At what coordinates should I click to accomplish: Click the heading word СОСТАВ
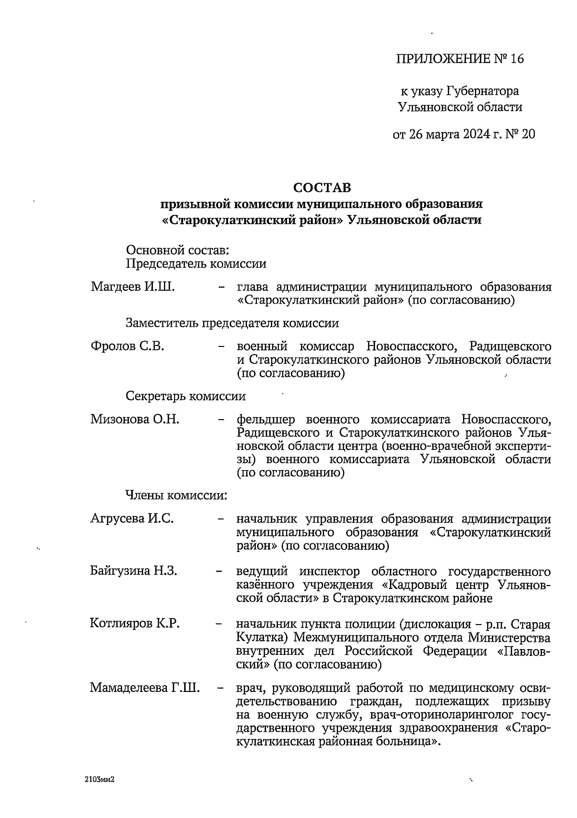pyautogui.click(x=322, y=187)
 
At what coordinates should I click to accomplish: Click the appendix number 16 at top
pyautogui.click(x=516, y=59)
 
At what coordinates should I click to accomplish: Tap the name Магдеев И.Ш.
pyautogui.click(x=132, y=288)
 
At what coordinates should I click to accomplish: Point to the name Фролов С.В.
pyautogui.click(x=127, y=346)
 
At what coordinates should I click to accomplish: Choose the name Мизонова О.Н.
pyautogui.click(x=135, y=419)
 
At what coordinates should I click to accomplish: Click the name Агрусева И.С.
pyautogui.click(x=132, y=519)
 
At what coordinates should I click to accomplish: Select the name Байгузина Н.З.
pyautogui.click(x=134, y=571)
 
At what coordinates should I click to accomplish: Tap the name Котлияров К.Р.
pyautogui.click(x=135, y=624)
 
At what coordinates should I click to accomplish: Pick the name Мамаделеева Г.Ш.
pyautogui.click(x=144, y=688)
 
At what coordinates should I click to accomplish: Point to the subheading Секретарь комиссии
pyautogui.click(x=186, y=396)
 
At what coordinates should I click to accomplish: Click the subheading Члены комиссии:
pyautogui.click(x=176, y=495)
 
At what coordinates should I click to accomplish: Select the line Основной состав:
pyautogui.click(x=177, y=250)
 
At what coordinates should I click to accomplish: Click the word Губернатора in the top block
pyautogui.click(x=482, y=91)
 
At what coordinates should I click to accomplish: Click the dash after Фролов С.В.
pyautogui.click(x=221, y=346)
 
